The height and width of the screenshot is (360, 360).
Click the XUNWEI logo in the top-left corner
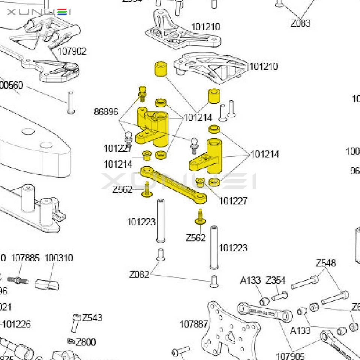[39, 12]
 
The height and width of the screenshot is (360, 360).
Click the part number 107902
[72, 51]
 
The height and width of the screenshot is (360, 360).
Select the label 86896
[106, 112]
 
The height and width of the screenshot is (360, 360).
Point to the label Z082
[139, 274]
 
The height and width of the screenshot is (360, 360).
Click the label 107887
[193, 324]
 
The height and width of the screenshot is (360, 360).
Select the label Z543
[92, 318]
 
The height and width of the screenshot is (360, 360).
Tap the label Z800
[86, 342]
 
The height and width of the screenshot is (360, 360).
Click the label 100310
[59, 258]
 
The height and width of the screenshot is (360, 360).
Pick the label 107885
[25, 258]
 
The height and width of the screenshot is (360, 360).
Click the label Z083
[300, 23]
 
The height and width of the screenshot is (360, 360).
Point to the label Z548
[325, 263]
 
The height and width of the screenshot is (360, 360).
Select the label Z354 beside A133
[276, 280]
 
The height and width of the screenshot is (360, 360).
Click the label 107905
[290, 355]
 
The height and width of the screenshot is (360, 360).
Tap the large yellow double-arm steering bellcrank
[152, 126]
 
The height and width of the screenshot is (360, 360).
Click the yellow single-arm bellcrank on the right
[207, 157]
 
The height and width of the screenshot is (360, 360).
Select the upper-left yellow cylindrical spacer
[160, 69]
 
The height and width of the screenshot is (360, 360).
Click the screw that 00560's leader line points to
[71, 102]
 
